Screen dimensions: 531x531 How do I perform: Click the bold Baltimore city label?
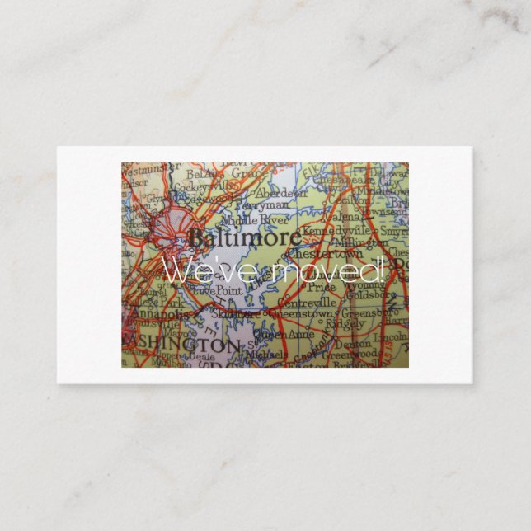(233, 239)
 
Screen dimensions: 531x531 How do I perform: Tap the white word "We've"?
(198, 270)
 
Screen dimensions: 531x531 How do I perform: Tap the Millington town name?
(360, 243)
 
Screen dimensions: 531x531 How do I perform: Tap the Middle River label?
(261, 221)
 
